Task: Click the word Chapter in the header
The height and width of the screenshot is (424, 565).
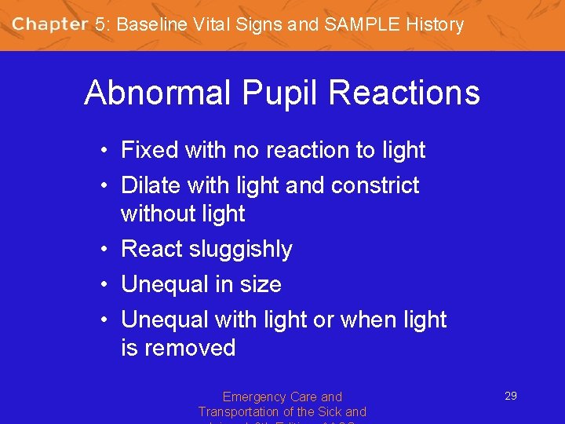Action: coord(49,24)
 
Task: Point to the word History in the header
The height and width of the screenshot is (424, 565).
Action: coord(435,24)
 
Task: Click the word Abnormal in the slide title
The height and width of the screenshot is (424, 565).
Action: coord(158,93)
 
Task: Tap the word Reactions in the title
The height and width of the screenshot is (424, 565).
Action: coord(404,93)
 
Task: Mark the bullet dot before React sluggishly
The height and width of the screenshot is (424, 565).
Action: coord(104,250)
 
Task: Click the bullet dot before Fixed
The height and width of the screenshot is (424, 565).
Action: coord(104,151)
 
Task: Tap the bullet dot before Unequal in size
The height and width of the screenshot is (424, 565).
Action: coord(104,285)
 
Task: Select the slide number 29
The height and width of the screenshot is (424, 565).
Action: coord(510,396)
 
